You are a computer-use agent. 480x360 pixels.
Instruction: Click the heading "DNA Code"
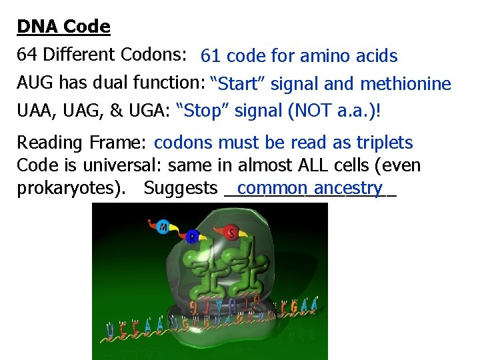63,27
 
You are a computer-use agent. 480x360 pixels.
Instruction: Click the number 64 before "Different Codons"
27,54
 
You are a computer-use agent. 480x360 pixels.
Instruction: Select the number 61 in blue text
211,56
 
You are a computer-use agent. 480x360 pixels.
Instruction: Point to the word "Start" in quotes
238,84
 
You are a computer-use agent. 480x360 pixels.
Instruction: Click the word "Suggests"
181,189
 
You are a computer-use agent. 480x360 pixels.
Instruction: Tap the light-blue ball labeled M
163,227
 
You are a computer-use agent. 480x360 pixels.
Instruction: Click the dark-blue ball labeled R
193,237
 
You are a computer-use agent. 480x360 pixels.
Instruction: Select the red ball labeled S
232,233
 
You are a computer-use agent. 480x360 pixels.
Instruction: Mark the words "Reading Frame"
81,143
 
